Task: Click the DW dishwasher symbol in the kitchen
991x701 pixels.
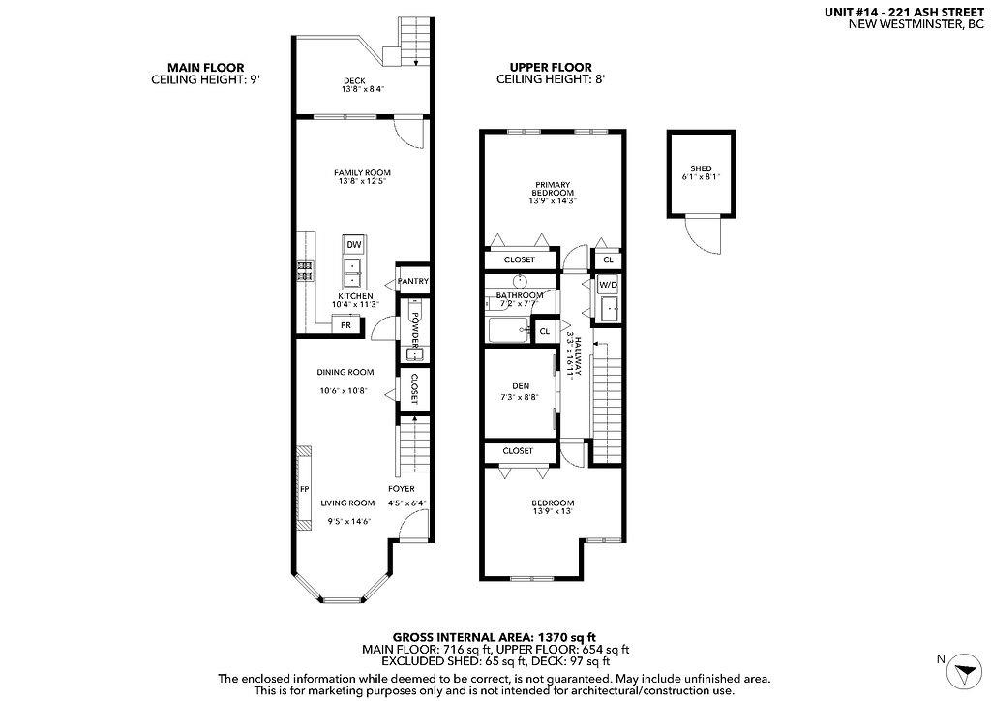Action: coord(354,244)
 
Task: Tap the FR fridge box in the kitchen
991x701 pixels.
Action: coord(346,325)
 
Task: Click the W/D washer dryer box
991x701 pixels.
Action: coord(607,286)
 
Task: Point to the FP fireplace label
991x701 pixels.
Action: coord(303,489)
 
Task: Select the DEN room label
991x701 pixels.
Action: coord(521,385)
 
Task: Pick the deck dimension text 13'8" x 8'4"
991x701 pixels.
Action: coord(363,89)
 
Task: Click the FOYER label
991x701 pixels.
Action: coord(402,489)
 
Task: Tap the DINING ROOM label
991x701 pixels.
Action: coord(345,372)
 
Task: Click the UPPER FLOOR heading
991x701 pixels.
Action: coord(551,69)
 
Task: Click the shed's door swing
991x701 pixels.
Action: coord(704,235)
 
